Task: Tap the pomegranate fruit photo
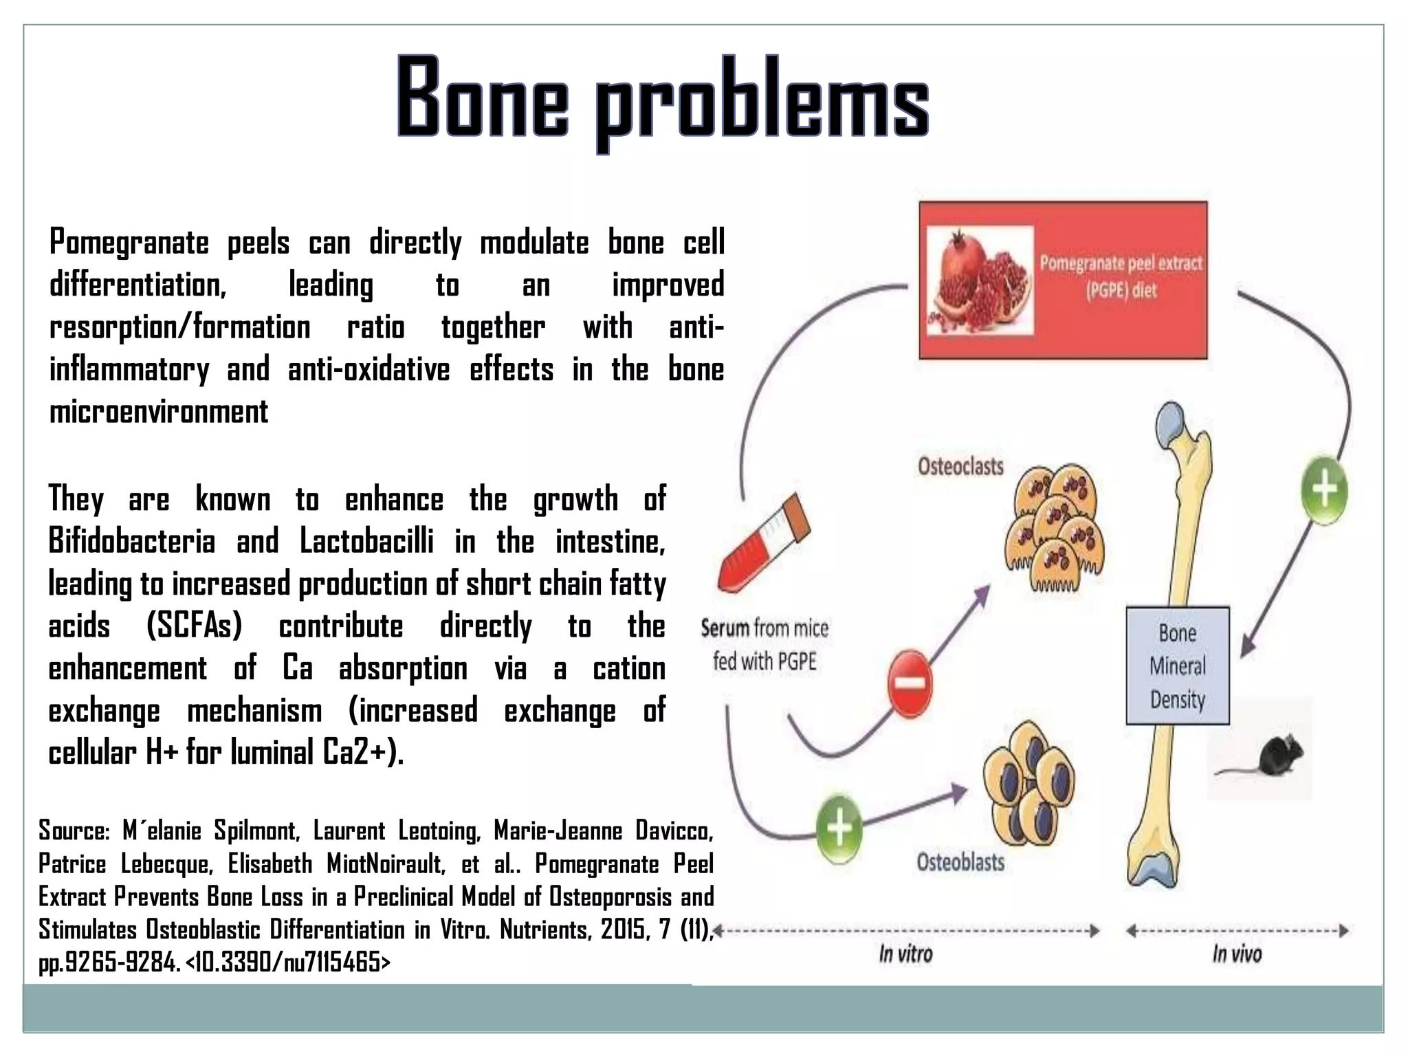tap(980, 281)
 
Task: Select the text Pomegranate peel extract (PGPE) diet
tap(1121, 276)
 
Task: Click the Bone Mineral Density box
tap(1177, 665)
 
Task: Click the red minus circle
tap(909, 683)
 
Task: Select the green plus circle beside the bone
tap(1325, 491)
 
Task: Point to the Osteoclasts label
tap(960, 467)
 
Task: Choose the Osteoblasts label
tap(960, 862)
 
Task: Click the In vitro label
tap(905, 954)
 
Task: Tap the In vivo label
tap(1237, 954)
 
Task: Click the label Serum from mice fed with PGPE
tap(764, 645)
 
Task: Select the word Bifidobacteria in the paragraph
tap(132, 542)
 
